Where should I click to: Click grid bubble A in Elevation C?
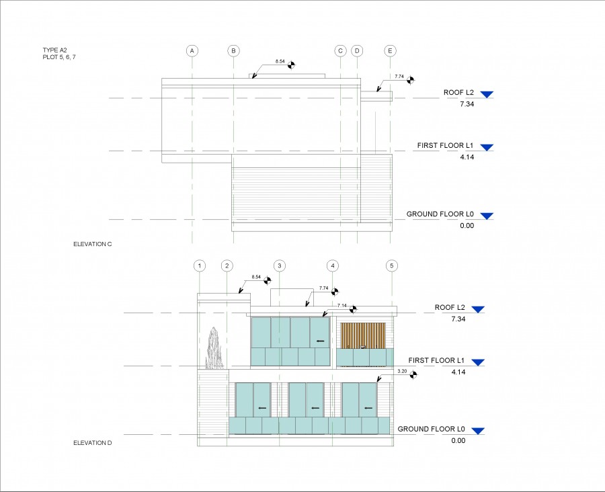(192, 50)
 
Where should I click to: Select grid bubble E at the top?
(390, 50)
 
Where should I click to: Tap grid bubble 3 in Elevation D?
(280, 265)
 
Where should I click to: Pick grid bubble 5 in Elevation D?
(392, 265)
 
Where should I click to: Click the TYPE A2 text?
(55, 50)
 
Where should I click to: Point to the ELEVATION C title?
(93, 244)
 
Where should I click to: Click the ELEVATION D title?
(93, 443)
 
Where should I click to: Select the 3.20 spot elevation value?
(402, 371)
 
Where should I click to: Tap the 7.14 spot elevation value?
(342, 306)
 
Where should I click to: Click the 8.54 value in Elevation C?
(280, 61)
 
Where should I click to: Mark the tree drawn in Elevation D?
(214, 348)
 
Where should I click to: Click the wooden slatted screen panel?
(363, 335)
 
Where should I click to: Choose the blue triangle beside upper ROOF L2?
(487, 95)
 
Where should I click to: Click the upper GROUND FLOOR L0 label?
(440, 214)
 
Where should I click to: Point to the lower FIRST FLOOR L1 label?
(436, 360)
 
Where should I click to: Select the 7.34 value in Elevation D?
(458, 319)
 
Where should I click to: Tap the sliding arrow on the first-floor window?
(320, 341)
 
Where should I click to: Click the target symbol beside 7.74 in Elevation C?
(410, 80)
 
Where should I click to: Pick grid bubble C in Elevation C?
(340, 50)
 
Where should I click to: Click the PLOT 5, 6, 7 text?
(59, 57)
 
